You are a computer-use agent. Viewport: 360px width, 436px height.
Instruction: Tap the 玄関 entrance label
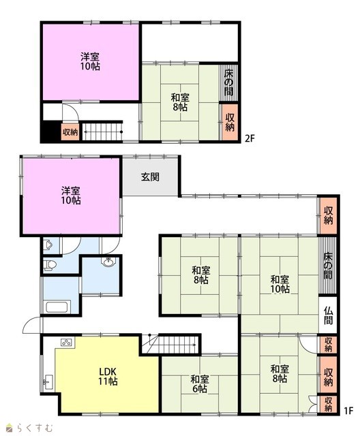coord(151,177)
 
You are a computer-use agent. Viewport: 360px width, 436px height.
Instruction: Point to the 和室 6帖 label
coord(199,384)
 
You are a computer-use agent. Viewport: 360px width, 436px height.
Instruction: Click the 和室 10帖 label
coord(279,284)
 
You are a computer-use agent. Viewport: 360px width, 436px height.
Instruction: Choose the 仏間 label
coord(328,316)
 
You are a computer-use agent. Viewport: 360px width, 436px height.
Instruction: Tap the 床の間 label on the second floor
coord(229,82)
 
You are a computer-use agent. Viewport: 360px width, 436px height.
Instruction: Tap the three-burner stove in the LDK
coord(67,342)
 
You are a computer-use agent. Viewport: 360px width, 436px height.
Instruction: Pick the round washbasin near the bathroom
coord(109,262)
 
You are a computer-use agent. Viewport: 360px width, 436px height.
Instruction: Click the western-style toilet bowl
coord(47,266)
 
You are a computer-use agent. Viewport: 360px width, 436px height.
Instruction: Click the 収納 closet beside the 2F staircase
coord(70,131)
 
